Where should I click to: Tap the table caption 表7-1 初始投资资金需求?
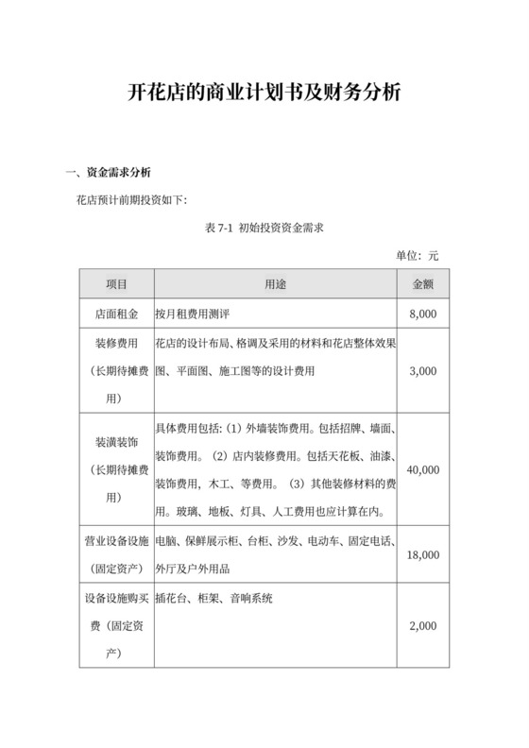click(264, 228)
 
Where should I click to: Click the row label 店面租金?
click(116, 314)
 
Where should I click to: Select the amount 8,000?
click(422, 314)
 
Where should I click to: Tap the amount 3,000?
click(422, 371)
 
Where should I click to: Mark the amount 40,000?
click(422, 468)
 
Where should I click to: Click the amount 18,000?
click(422, 555)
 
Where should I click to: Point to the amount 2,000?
click(422, 626)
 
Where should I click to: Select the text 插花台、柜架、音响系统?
click(214, 598)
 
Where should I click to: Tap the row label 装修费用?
click(116, 343)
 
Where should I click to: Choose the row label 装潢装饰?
click(116, 441)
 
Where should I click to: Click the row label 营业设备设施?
click(116, 541)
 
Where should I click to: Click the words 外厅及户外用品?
click(192, 569)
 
